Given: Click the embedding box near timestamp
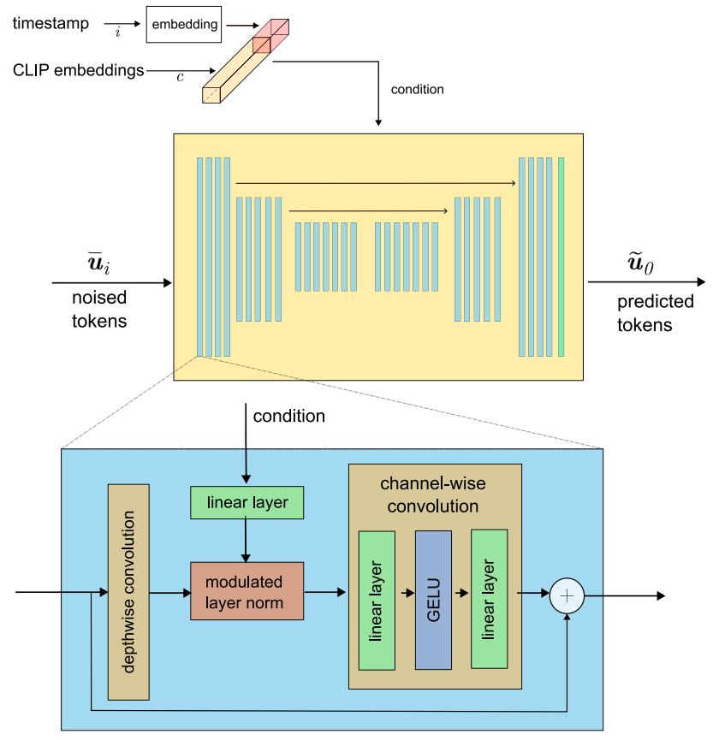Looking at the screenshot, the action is (x=184, y=25).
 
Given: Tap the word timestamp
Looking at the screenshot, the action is (x=51, y=23).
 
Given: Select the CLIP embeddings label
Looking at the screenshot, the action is (x=79, y=70).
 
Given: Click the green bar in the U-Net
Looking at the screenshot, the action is (x=561, y=257).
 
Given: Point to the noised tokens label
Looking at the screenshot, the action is (x=99, y=309).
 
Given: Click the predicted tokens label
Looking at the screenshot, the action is (x=656, y=313).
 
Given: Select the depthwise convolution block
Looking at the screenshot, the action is (x=128, y=592).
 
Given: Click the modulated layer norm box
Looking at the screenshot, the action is (x=247, y=591).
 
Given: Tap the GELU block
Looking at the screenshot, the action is (x=433, y=600).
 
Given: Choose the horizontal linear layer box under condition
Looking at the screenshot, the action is (x=247, y=503).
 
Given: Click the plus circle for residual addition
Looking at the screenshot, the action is (x=567, y=595).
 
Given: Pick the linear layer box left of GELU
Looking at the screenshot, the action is (x=377, y=601).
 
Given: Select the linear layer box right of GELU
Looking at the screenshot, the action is (x=490, y=599).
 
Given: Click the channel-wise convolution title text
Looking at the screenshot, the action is (x=433, y=494).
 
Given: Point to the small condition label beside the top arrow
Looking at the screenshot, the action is (x=418, y=89).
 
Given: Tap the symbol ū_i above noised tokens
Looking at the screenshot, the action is (x=99, y=263).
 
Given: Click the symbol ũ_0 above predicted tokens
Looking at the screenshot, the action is (x=641, y=263).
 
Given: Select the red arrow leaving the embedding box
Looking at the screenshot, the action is (x=243, y=25).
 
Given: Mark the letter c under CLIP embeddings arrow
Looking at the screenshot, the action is (x=180, y=77).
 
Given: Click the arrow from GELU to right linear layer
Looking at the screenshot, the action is (x=462, y=593).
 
